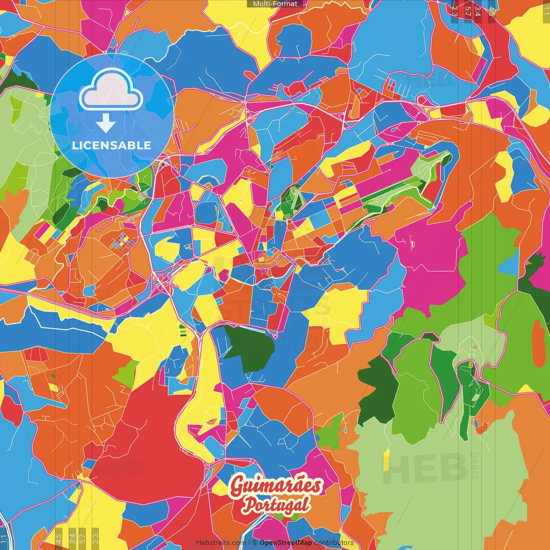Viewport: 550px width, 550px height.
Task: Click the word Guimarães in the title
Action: coord(275,486)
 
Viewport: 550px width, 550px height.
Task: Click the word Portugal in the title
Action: coord(275,505)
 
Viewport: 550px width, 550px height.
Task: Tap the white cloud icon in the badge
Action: coord(111,91)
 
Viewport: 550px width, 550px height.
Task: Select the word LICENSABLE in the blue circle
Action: coord(112,145)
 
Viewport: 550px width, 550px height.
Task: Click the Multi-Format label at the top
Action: coord(275,4)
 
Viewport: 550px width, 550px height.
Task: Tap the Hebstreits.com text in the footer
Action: coord(221,543)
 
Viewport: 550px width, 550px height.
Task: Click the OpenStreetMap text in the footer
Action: coord(285,543)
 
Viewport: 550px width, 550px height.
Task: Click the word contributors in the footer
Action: coord(334,543)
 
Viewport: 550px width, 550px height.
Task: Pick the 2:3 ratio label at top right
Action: coord(454,11)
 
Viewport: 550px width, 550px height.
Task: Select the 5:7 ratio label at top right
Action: coord(467,11)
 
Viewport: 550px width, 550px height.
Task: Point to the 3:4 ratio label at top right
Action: coord(477,11)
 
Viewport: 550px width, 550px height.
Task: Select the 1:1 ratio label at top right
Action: coord(546,10)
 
